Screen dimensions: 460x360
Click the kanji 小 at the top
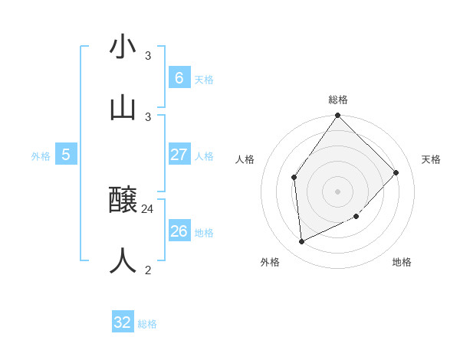[x=123, y=47]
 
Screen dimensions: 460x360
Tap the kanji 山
[x=123, y=107]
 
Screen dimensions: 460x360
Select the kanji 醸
[x=123, y=201]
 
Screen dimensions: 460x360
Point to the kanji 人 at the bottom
[x=123, y=261]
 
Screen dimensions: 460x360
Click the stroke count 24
[x=148, y=208]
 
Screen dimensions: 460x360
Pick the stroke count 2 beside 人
[x=148, y=269]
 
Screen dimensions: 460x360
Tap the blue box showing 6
[x=179, y=77]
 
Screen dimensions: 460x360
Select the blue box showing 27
[x=179, y=155]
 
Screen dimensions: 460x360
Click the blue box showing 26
[x=179, y=231]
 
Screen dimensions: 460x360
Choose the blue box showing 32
[x=123, y=322]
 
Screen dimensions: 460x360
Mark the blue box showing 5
[x=66, y=155]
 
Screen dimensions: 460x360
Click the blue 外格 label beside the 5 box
[x=41, y=156]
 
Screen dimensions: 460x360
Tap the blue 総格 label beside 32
[x=147, y=324]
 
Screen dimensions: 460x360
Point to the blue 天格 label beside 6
[x=204, y=80]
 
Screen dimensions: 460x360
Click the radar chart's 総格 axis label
[x=338, y=100]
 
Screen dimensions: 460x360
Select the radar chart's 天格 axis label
[x=432, y=159]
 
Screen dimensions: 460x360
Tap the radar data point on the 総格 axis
[x=338, y=116]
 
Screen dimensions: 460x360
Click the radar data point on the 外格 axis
[x=302, y=241]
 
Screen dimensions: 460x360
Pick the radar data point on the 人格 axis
[x=294, y=178]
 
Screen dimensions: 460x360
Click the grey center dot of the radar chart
[x=338, y=191]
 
